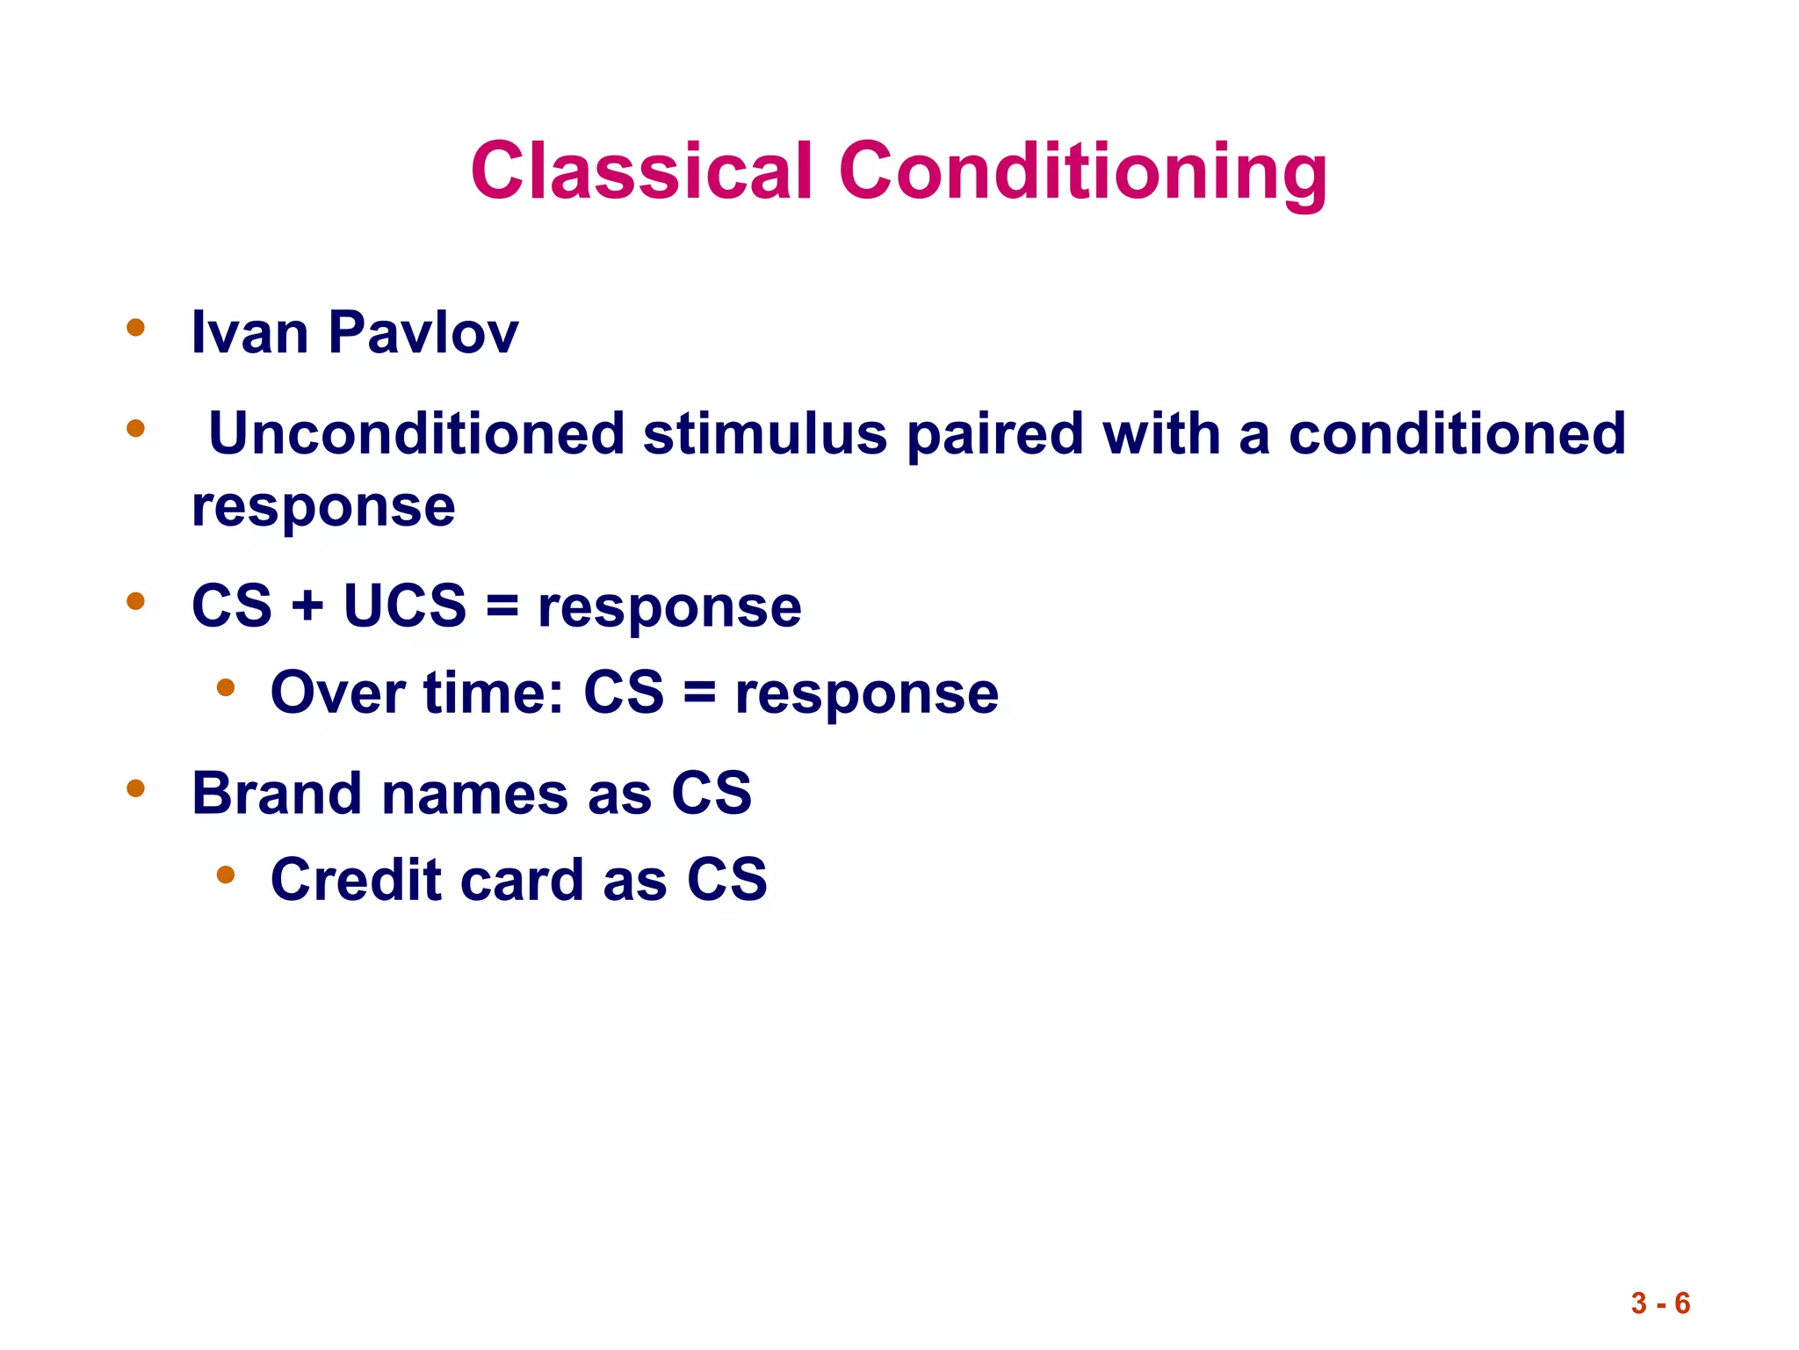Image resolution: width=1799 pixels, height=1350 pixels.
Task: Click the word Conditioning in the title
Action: tap(1082, 172)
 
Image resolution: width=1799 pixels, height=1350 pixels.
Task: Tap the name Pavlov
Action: tap(423, 333)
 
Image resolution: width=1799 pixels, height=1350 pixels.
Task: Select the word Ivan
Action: tap(249, 333)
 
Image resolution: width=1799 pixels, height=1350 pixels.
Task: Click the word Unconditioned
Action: tap(416, 434)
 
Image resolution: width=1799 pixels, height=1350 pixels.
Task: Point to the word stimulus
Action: tap(764, 436)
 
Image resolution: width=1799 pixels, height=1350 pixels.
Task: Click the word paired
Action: tap(994, 436)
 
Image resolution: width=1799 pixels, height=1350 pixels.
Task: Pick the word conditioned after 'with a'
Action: tap(1456, 434)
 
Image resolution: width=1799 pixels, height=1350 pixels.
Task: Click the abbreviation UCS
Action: tap(404, 606)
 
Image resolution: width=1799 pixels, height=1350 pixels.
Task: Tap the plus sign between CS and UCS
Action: tap(307, 606)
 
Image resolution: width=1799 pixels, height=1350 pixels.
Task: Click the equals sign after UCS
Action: tap(502, 606)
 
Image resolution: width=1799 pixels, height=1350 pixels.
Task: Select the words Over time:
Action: tap(416, 693)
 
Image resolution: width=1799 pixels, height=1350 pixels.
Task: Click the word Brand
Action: tap(277, 793)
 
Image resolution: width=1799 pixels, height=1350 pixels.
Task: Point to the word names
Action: tap(474, 795)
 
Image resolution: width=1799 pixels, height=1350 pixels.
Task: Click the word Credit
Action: tap(355, 879)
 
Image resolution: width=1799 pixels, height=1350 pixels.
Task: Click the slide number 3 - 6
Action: tap(1659, 1303)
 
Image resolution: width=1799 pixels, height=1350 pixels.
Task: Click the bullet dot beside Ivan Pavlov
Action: tap(135, 328)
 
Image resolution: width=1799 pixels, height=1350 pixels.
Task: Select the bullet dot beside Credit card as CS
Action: tap(226, 875)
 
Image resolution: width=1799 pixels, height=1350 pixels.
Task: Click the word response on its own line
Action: tap(323, 508)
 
